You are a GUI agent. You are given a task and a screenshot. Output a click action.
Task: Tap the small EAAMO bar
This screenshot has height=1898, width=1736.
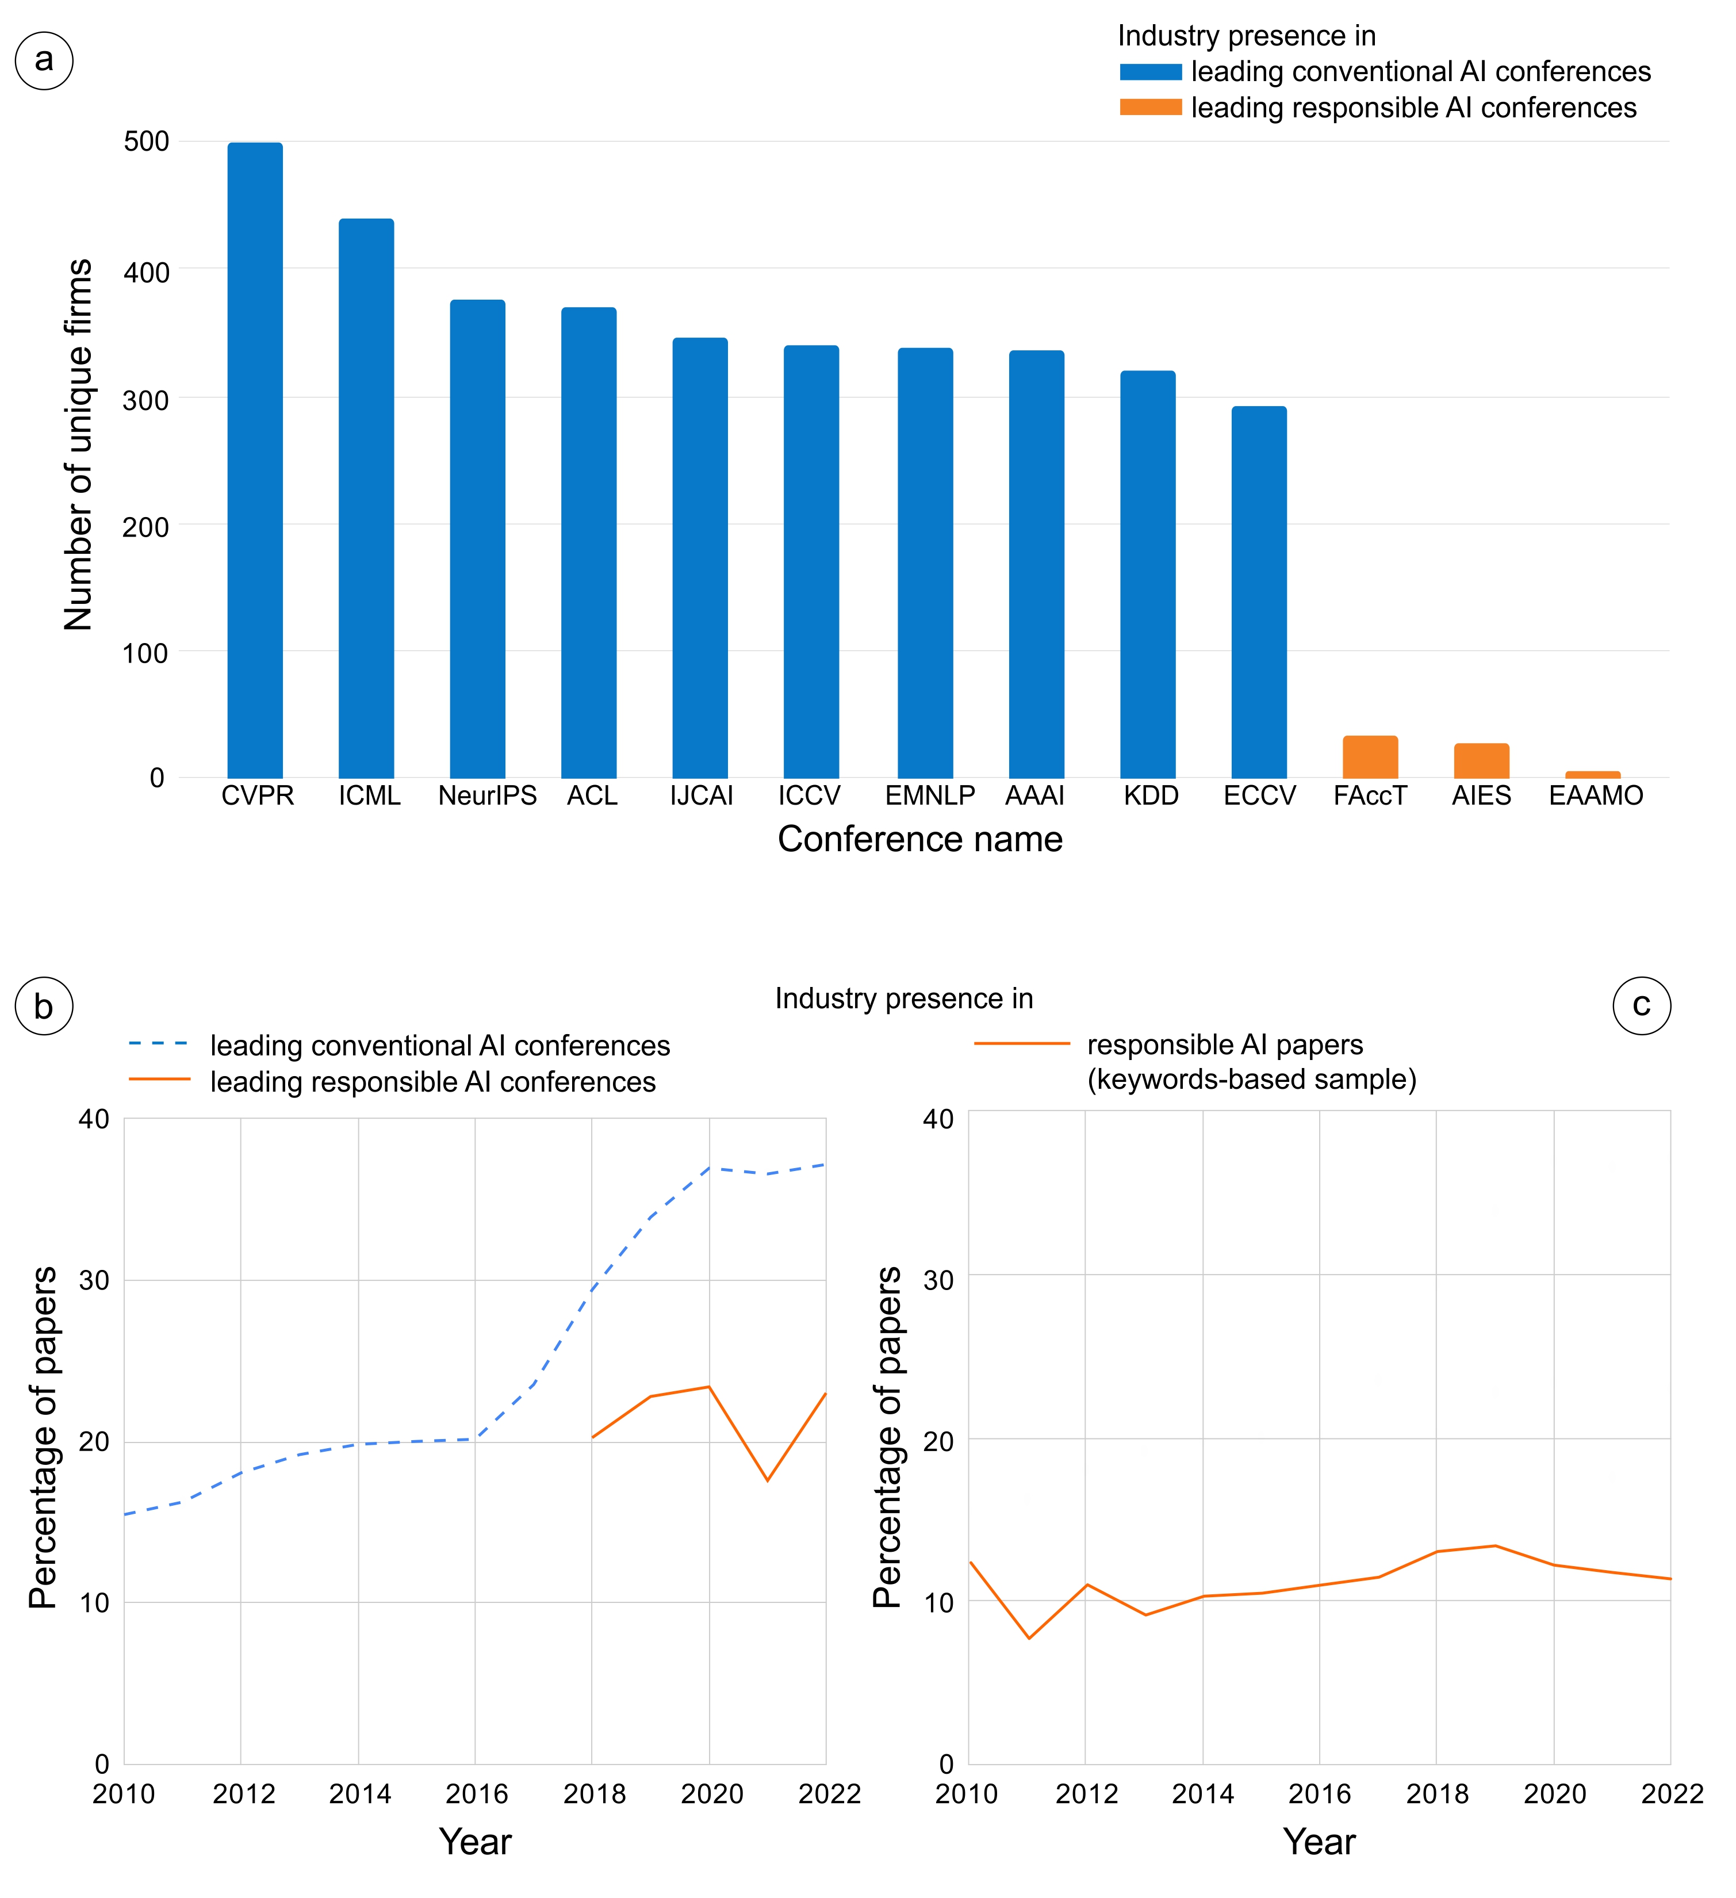click(x=1593, y=774)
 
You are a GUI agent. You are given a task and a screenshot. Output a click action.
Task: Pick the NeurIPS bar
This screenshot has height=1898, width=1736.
click(x=477, y=538)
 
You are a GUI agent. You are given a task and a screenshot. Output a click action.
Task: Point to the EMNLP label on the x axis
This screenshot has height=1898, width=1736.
click(x=929, y=797)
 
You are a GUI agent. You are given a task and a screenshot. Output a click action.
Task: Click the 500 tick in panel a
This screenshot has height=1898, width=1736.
click(x=146, y=142)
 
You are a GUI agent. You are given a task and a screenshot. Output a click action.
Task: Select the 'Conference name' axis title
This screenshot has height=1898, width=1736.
click(x=920, y=839)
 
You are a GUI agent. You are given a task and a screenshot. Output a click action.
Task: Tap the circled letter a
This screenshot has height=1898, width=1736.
click(x=44, y=60)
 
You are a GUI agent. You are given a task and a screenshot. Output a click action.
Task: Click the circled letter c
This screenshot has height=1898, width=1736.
click(x=1642, y=1005)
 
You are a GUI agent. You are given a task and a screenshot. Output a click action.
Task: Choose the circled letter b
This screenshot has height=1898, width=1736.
click(x=44, y=1007)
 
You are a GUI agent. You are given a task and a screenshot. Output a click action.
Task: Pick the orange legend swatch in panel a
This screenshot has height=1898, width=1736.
click(x=1151, y=108)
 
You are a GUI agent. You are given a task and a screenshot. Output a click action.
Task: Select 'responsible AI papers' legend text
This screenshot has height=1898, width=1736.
click(x=1225, y=1045)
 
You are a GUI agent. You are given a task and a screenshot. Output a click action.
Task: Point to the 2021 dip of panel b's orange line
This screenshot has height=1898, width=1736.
click(x=767, y=1481)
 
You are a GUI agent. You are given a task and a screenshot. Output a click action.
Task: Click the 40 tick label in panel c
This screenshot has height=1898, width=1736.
click(x=938, y=1119)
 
